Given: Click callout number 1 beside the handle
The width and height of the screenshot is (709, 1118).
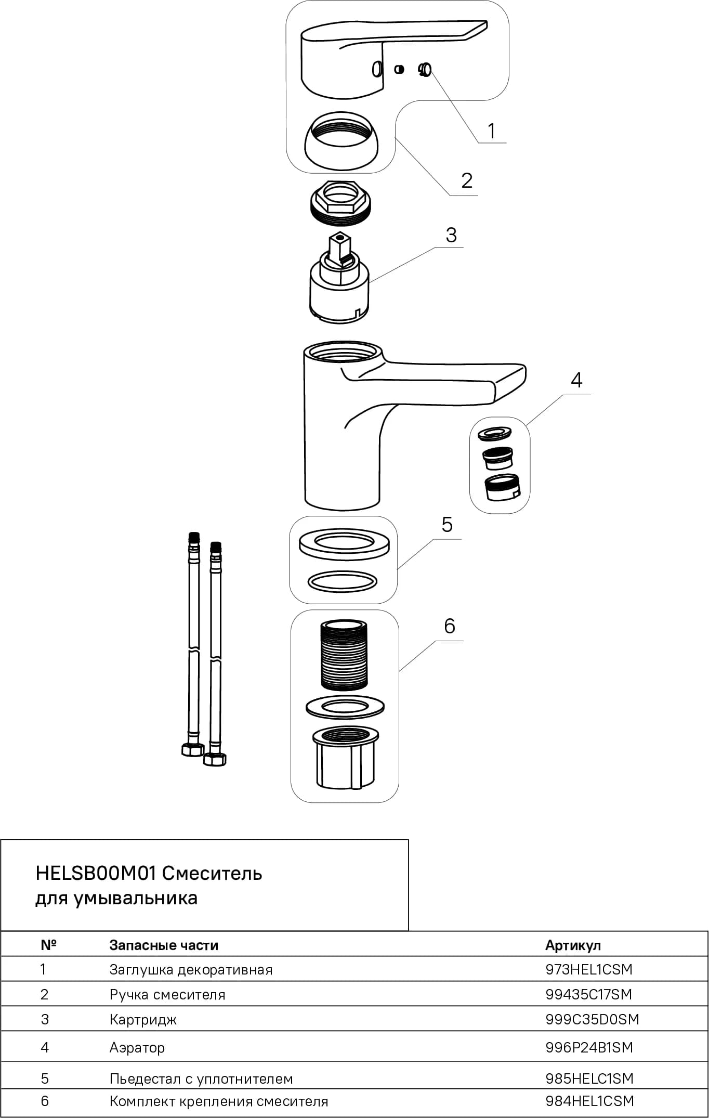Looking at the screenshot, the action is (491, 131).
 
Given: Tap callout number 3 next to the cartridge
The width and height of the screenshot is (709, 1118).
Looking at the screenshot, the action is (451, 235).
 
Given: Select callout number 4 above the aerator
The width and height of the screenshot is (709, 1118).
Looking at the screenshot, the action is (576, 381).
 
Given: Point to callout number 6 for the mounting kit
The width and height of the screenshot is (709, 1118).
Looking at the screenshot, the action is (450, 626).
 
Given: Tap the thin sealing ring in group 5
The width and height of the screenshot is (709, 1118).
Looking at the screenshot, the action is (343, 581).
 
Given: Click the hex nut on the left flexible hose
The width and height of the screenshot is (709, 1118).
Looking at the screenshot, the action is (192, 749).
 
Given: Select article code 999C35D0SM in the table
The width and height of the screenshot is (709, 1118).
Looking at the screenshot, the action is (592, 1019).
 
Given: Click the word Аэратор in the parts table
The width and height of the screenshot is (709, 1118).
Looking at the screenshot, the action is (137, 1048).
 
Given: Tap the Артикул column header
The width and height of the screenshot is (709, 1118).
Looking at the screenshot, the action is (573, 945).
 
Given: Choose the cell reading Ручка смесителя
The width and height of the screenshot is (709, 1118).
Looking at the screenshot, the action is (167, 995).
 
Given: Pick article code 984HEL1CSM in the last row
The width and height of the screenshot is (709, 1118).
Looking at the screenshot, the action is (590, 1101).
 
